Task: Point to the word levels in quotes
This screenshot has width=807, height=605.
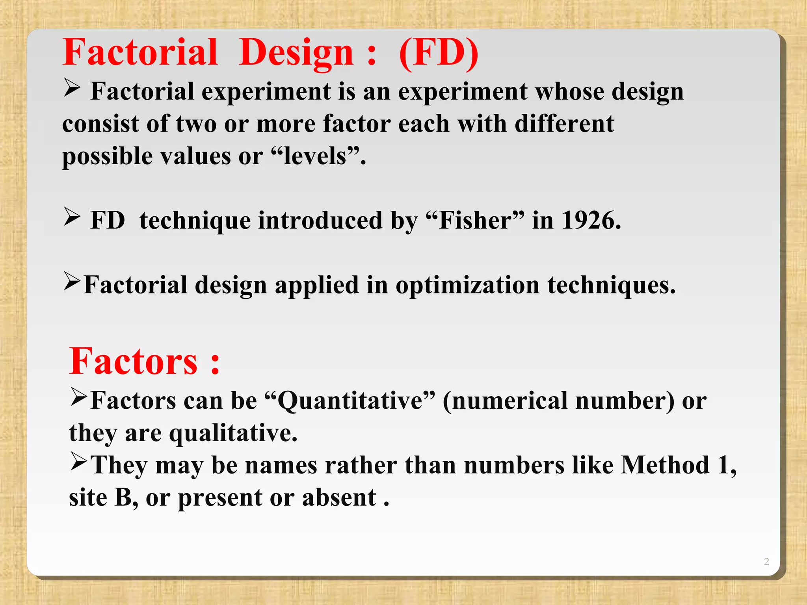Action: pos(315,156)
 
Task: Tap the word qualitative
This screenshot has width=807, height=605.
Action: pos(232,433)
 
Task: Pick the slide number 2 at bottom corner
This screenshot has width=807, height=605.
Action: pos(766,561)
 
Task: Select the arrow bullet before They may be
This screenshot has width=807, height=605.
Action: pos(78,462)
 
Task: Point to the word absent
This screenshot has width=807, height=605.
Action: pos(339,497)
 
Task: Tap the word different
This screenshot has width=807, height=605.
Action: pos(564,124)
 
